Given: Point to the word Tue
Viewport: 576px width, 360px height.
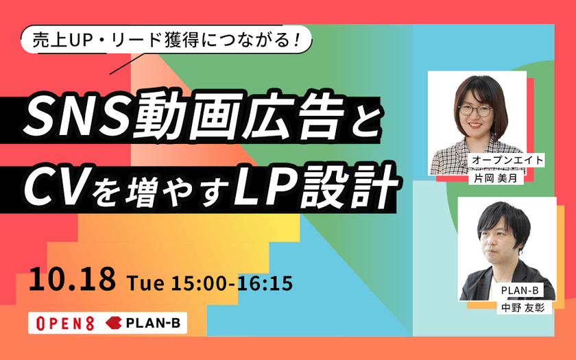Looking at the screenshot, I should pyautogui.click(x=141, y=282).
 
